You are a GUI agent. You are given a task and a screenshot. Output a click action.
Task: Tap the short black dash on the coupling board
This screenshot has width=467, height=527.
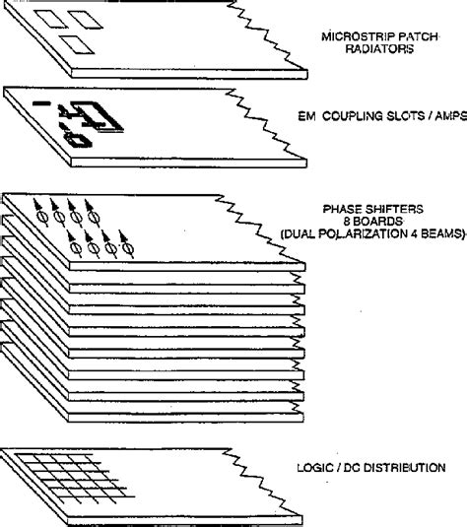(40, 102)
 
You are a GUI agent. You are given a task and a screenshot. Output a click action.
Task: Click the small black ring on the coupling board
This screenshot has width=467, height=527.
(73, 139)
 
